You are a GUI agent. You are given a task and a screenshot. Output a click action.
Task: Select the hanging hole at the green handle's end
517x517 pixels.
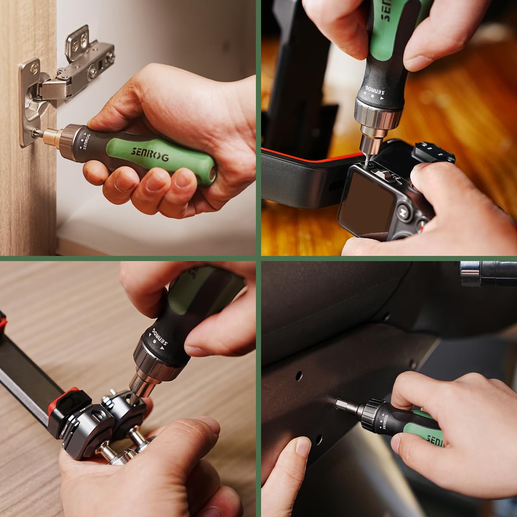click(211, 175)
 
